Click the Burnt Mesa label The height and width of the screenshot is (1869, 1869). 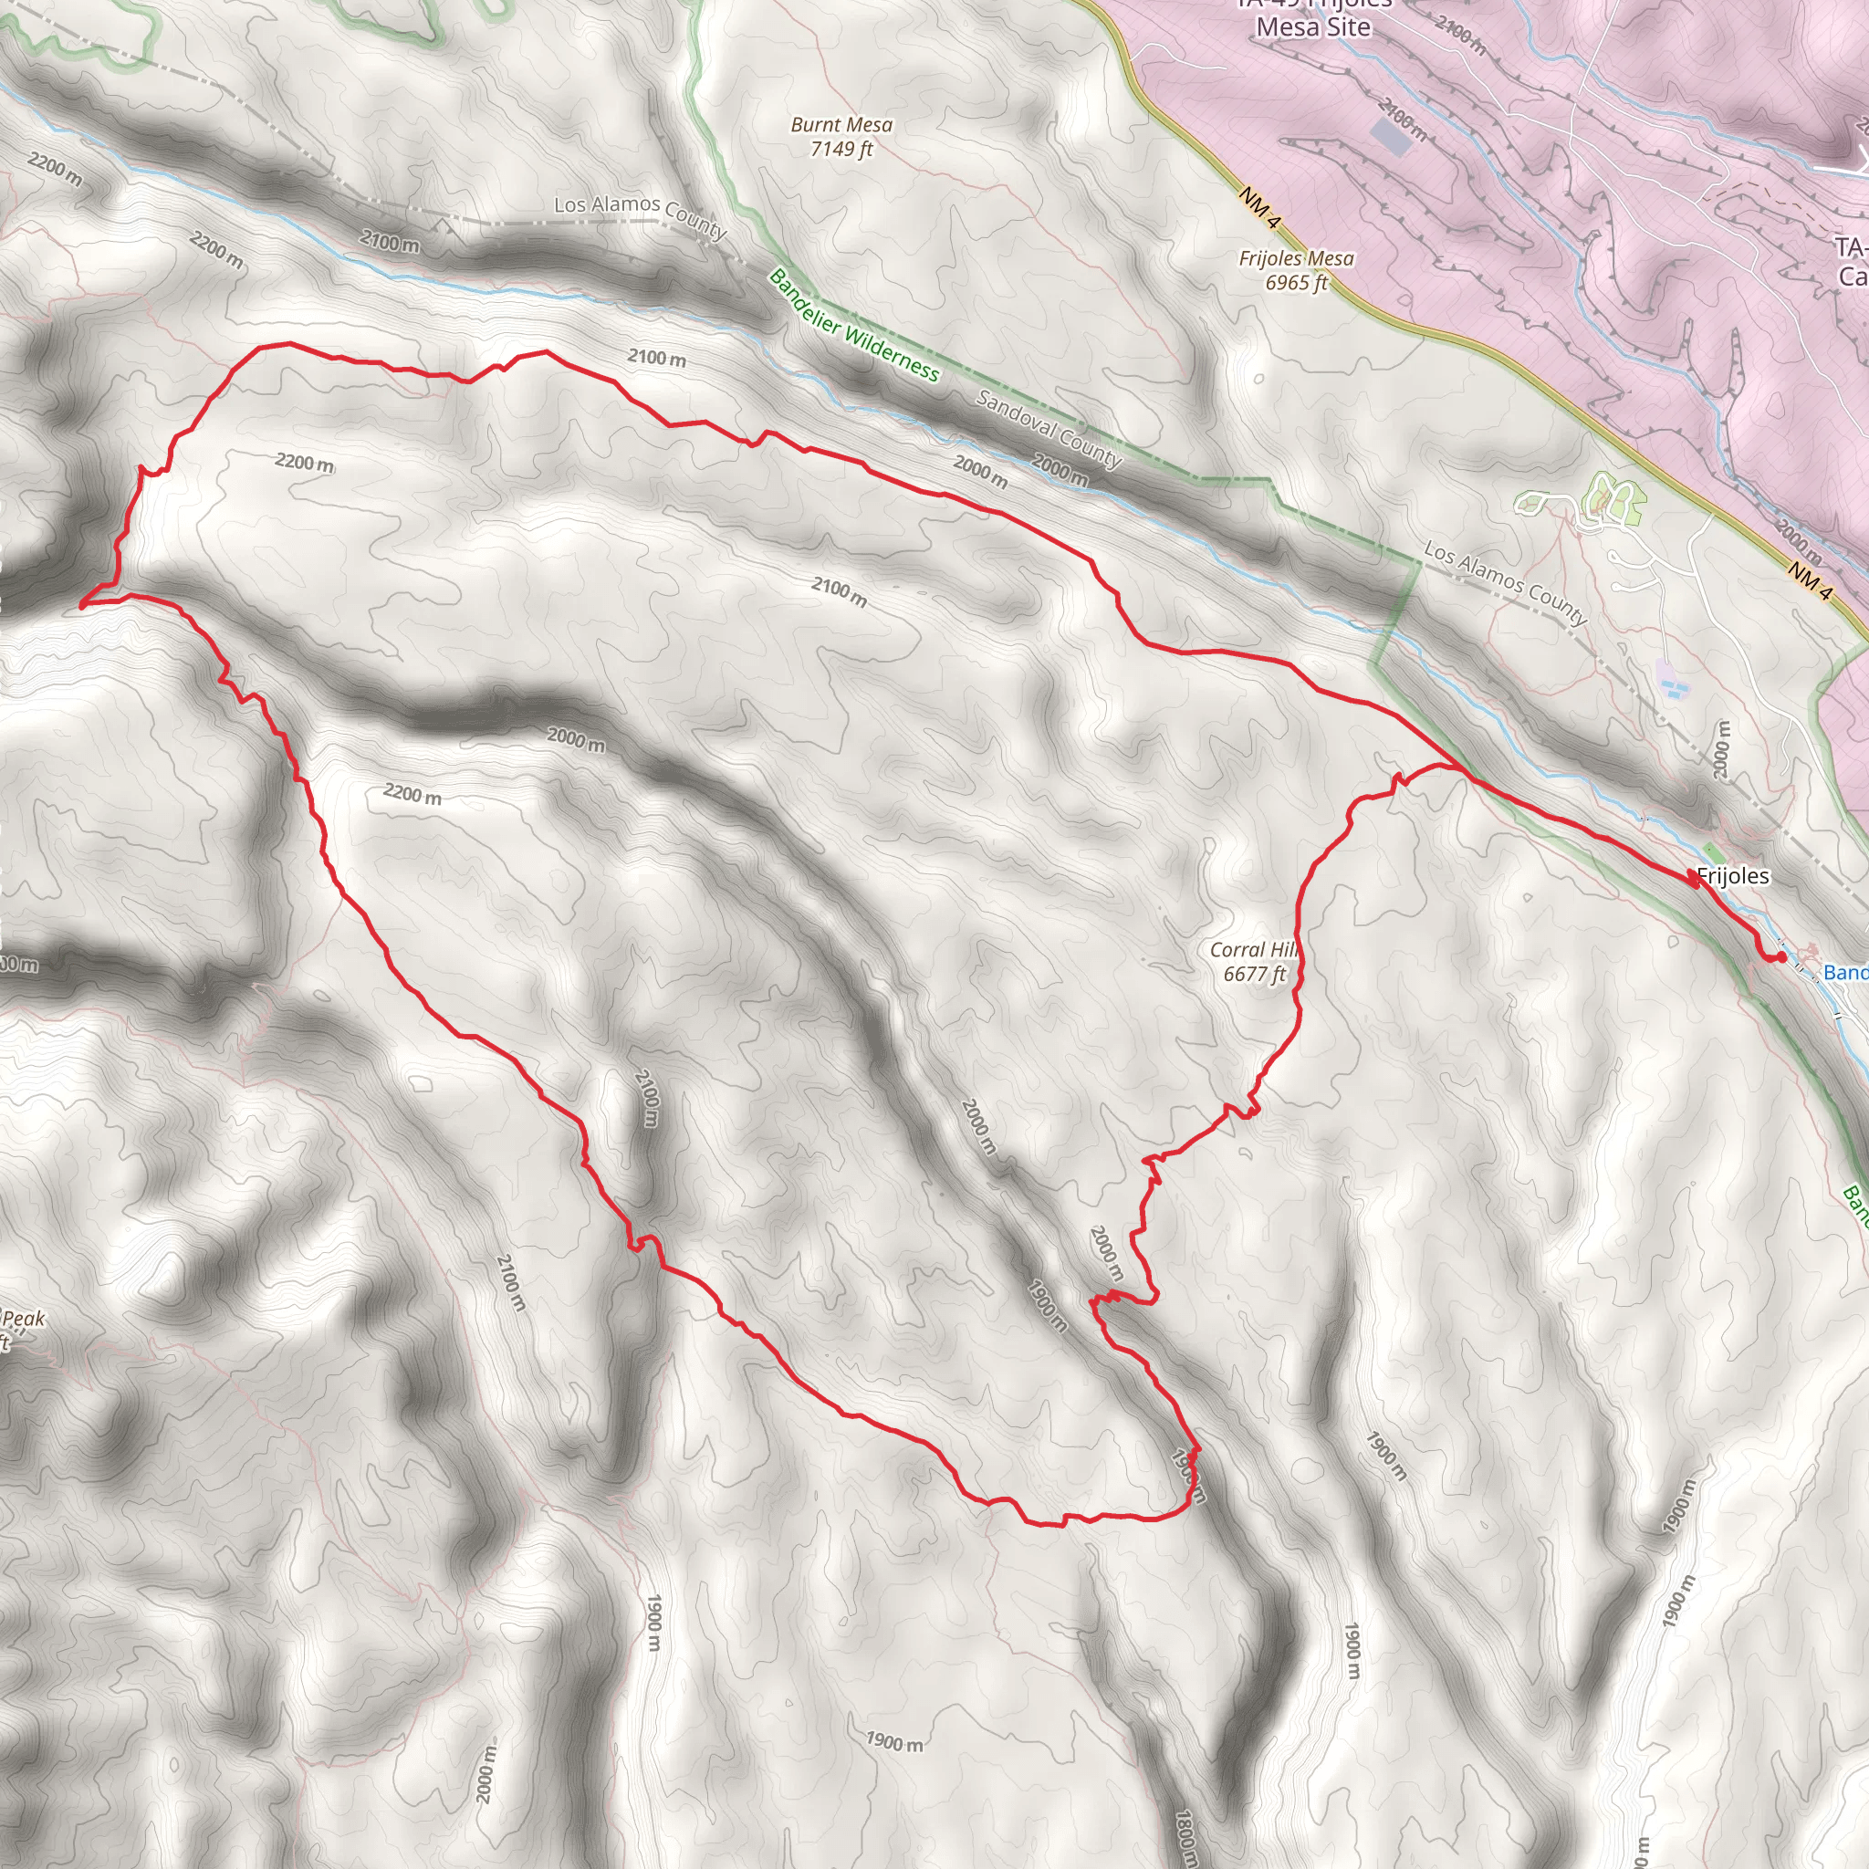(x=841, y=125)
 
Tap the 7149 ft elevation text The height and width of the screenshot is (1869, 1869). (x=841, y=149)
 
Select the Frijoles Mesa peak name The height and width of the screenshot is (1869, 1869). (x=1295, y=258)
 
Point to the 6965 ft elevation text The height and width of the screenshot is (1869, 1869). (x=1295, y=283)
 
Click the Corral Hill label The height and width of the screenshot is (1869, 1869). (x=1252, y=950)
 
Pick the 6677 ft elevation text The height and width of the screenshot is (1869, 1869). (x=1254, y=974)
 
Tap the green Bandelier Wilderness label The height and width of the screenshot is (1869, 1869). (x=853, y=325)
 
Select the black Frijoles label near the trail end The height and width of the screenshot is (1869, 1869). (x=1733, y=876)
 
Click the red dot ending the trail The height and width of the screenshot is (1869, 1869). (x=1781, y=957)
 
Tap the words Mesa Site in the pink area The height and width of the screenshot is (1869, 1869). (x=1312, y=27)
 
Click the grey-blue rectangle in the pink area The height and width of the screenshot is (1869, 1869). (x=1390, y=139)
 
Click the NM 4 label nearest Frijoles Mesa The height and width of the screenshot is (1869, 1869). (x=1258, y=208)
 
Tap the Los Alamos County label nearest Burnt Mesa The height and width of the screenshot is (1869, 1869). (x=640, y=214)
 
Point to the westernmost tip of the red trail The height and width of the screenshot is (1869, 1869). (x=81, y=606)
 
